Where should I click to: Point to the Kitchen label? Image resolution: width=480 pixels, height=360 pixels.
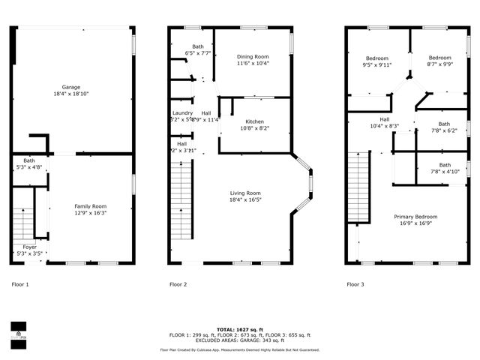click(x=255, y=124)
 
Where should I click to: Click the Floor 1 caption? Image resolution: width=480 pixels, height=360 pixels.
click(x=20, y=284)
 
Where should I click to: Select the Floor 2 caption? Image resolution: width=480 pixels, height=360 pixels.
click(x=178, y=284)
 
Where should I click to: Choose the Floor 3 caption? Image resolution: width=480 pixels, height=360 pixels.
click(x=355, y=284)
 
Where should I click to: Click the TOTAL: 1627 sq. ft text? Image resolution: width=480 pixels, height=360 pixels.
click(x=239, y=329)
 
